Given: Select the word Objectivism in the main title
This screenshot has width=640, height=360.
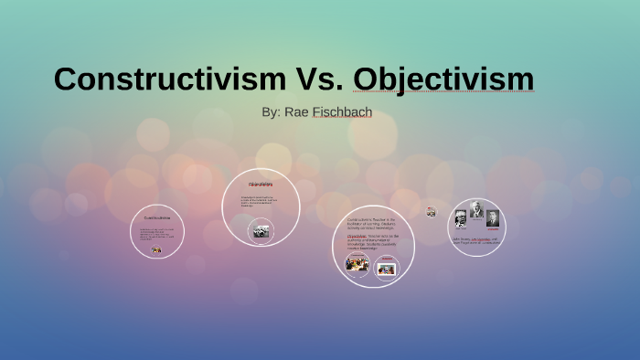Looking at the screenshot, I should tap(443, 79).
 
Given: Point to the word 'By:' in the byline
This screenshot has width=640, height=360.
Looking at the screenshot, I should tap(271, 112).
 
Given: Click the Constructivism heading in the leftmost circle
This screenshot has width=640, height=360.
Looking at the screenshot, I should tap(157, 217).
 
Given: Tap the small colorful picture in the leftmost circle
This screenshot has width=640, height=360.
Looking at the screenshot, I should tap(156, 250).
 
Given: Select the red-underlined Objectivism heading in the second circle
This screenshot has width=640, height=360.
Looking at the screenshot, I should tap(261, 185).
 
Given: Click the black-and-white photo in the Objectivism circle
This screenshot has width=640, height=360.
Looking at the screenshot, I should tap(261, 231).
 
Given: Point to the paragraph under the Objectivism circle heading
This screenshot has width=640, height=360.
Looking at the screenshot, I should tap(259, 202).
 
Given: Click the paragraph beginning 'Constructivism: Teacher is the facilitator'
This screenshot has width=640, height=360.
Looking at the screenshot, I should tap(372, 225).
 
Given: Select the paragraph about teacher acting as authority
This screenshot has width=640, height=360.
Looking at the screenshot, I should tap(372, 242).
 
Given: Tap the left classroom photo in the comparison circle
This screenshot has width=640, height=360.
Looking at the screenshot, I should tap(357, 264).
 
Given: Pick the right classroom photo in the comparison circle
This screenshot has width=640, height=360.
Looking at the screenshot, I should tap(388, 269).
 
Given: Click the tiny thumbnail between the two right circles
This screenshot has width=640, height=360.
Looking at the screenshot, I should tap(431, 212).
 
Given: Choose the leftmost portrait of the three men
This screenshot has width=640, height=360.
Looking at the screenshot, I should tap(461, 217).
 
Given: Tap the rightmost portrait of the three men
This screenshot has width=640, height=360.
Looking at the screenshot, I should tap(493, 218).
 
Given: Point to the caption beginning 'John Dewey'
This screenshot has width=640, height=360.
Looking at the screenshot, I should tap(475, 240).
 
